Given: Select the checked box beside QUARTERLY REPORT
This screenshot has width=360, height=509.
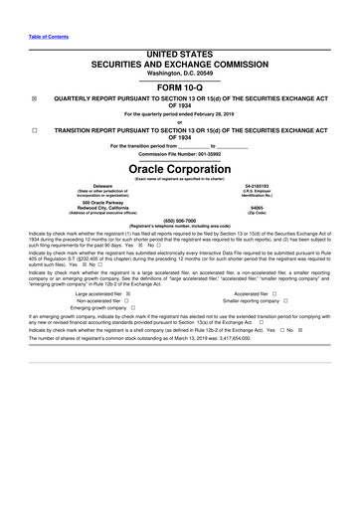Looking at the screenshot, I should [x=34, y=97].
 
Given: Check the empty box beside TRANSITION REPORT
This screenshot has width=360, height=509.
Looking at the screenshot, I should [x=34, y=131].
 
